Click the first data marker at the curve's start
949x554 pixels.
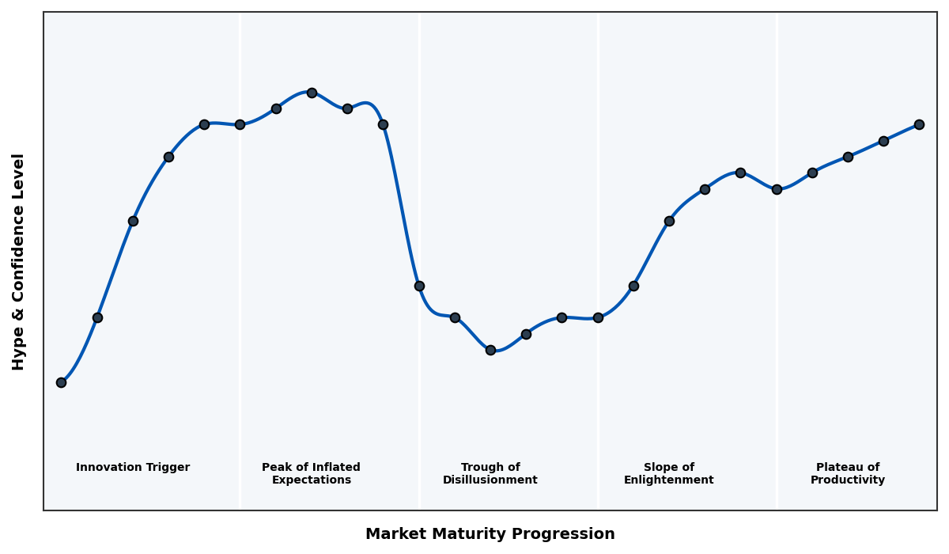61,382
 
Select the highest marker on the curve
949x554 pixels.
312,93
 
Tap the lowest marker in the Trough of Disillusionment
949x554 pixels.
490,350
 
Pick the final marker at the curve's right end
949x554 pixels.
919,124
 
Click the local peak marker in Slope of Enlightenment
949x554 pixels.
740,173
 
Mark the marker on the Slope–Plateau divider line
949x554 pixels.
777,189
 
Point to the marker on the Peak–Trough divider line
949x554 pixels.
419,286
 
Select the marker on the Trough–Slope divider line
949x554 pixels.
598,317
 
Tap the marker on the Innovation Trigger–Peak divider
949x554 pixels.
240,124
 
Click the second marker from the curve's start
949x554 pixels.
97,317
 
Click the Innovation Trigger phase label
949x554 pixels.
133,468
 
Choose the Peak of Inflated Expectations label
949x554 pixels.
311,473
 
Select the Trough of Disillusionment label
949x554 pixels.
490,473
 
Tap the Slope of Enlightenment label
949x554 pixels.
668,473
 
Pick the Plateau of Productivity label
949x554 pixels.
848,473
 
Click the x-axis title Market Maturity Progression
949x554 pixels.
490,534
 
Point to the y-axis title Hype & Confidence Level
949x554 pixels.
19,261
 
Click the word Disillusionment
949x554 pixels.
490,480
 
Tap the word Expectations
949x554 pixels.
311,480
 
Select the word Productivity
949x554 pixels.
848,480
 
